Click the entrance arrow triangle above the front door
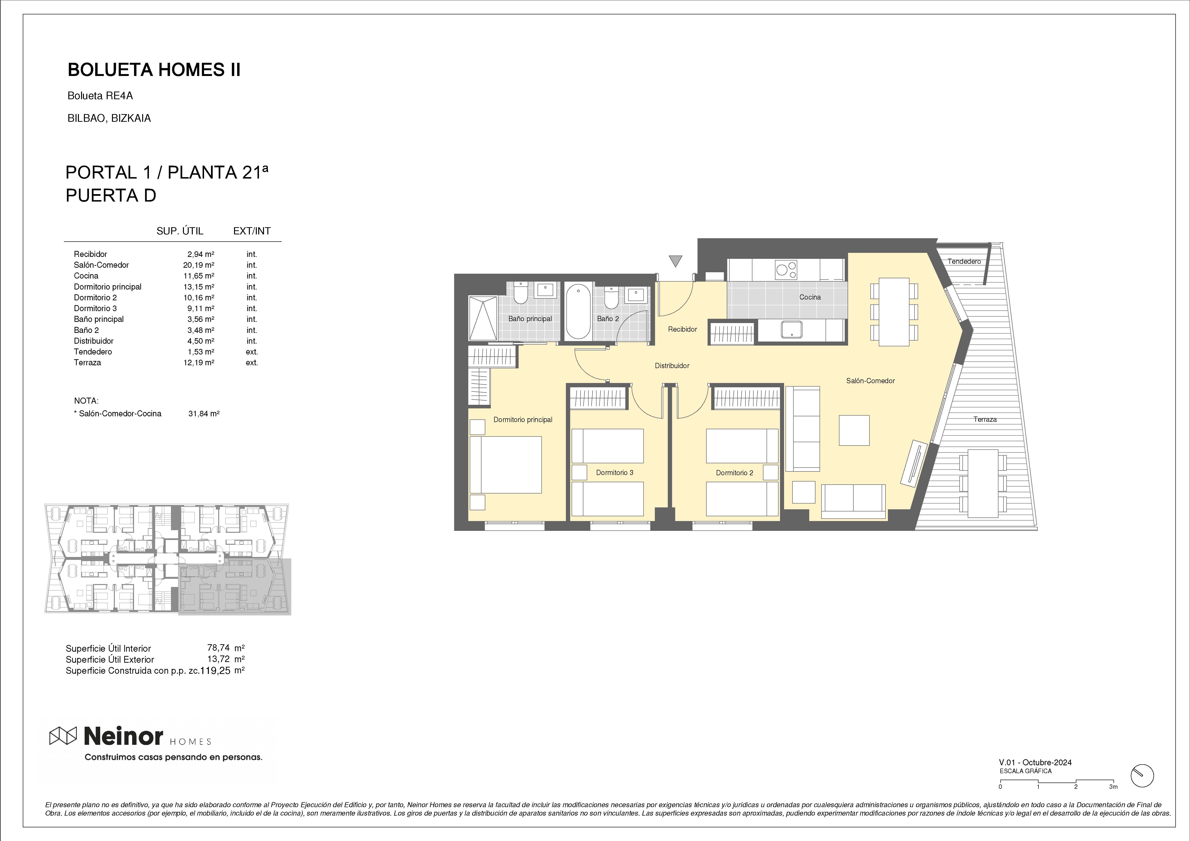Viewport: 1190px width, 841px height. point(675,261)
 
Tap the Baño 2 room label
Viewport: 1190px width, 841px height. point(608,319)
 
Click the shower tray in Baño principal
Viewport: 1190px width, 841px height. point(483,318)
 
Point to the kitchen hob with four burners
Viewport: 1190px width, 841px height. point(786,269)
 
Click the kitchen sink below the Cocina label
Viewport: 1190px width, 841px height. point(791,330)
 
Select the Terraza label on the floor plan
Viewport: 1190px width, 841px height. point(985,419)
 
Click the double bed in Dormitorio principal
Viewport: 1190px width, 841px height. point(505,465)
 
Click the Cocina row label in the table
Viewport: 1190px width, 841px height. point(86,276)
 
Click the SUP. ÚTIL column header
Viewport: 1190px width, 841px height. point(180,231)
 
